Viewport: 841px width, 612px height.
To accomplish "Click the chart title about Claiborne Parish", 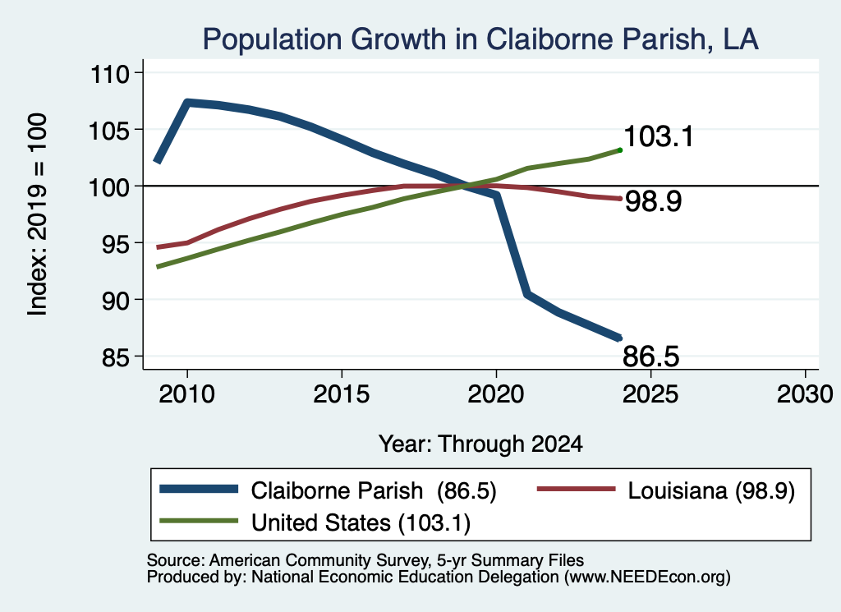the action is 480,39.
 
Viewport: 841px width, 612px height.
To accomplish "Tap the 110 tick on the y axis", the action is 111,74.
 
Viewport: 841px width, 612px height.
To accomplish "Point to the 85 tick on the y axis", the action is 116,357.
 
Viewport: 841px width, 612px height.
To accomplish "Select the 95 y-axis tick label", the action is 116,244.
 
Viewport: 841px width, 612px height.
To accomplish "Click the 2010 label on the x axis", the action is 186,395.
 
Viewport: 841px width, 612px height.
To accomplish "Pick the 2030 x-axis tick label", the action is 805,395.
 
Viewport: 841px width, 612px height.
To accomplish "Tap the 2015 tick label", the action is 341,395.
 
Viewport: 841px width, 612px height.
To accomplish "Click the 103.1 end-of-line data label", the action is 659,136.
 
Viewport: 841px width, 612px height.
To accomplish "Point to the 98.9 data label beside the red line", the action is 653,202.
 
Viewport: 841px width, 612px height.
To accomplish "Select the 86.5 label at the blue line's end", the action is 651,357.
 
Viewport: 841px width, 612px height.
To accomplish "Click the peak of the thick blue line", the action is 186,102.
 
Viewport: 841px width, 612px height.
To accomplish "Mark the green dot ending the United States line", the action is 620,150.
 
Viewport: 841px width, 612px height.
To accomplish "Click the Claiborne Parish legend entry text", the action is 374,491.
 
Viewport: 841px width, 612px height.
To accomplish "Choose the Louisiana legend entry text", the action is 711,491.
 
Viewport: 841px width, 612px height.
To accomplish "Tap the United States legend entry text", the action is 361,523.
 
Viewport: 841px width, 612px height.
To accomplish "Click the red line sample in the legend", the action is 576,489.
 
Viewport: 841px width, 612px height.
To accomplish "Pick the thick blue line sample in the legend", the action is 199,489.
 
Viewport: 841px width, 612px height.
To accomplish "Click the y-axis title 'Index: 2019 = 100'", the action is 38,214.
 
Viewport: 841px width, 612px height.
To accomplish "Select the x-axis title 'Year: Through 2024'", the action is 480,444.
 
